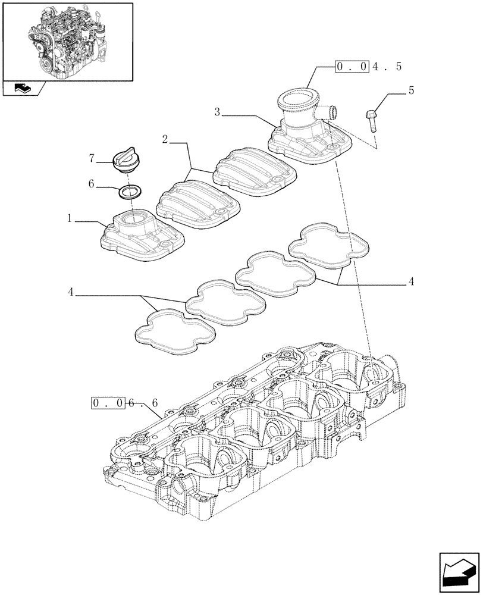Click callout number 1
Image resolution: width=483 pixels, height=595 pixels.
[x=70, y=219]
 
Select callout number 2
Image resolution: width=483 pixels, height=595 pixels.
[x=165, y=139]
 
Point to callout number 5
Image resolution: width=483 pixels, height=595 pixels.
[x=410, y=91]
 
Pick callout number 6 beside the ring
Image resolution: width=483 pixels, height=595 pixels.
[x=91, y=184]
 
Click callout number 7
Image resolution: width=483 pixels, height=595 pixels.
[x=91, y=158]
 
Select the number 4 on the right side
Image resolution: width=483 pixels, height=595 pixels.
[x=410, y=281]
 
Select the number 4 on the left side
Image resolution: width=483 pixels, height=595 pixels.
[x=70, y=292]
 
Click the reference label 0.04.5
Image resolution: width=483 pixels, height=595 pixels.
[x=368, y=66]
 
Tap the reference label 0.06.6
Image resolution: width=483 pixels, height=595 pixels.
[x=125, y=403]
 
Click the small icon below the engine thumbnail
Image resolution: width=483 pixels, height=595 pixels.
[x=24, y=89]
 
